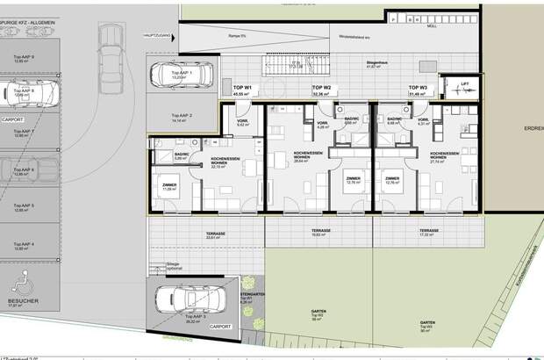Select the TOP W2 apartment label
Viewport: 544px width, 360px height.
[321, 88]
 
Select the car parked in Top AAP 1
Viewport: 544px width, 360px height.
[181, 78]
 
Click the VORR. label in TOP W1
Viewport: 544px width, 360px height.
[243, 121]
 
